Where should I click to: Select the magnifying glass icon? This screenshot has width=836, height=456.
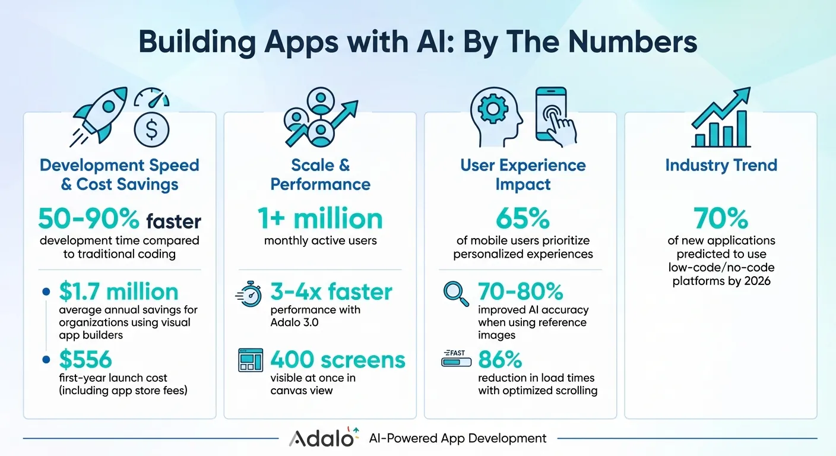456,293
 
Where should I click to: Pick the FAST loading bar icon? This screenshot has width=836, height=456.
456,359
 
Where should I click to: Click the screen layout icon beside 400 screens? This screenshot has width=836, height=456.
250,360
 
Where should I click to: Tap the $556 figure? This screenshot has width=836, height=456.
85,359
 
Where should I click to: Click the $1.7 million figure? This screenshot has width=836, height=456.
119,292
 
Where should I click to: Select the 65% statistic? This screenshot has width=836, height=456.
522,219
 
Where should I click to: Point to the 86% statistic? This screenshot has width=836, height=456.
500,359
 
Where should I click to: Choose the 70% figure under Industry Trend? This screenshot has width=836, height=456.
721,219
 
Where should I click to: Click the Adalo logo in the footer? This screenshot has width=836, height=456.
324,438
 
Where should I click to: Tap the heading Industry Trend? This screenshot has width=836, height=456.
721,165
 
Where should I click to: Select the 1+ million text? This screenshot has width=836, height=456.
321,219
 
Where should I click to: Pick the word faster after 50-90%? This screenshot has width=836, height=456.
173,221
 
